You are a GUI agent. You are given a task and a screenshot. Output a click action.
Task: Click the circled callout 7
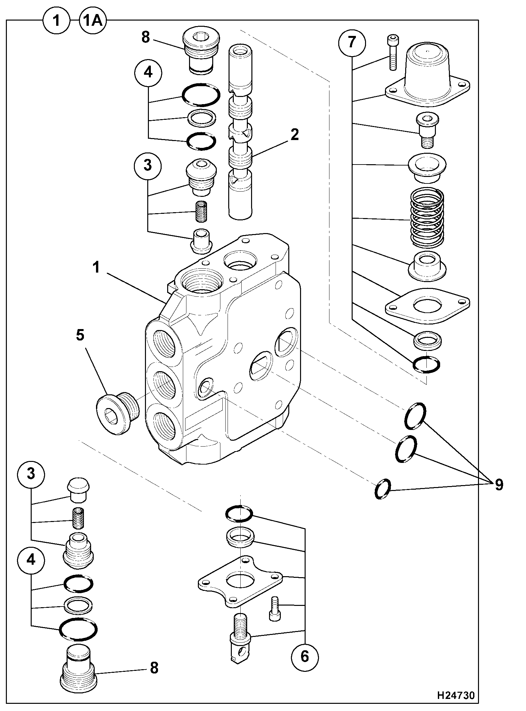pyautogui.click(x=352, y=43)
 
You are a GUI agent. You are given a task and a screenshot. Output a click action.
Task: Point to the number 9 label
pyautogui.click(x=499, y=485)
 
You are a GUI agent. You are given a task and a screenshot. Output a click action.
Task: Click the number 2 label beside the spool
pyautogui.click(x=294, y=135)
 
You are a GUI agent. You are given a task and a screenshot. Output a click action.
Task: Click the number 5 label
pyautogui.click(x=80, y=336)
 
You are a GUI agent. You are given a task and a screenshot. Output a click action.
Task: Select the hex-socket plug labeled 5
pyautogui.click(x=118, y=413)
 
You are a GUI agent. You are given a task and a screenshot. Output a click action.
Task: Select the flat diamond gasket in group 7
pyautogui.click(x=428, y=306)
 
